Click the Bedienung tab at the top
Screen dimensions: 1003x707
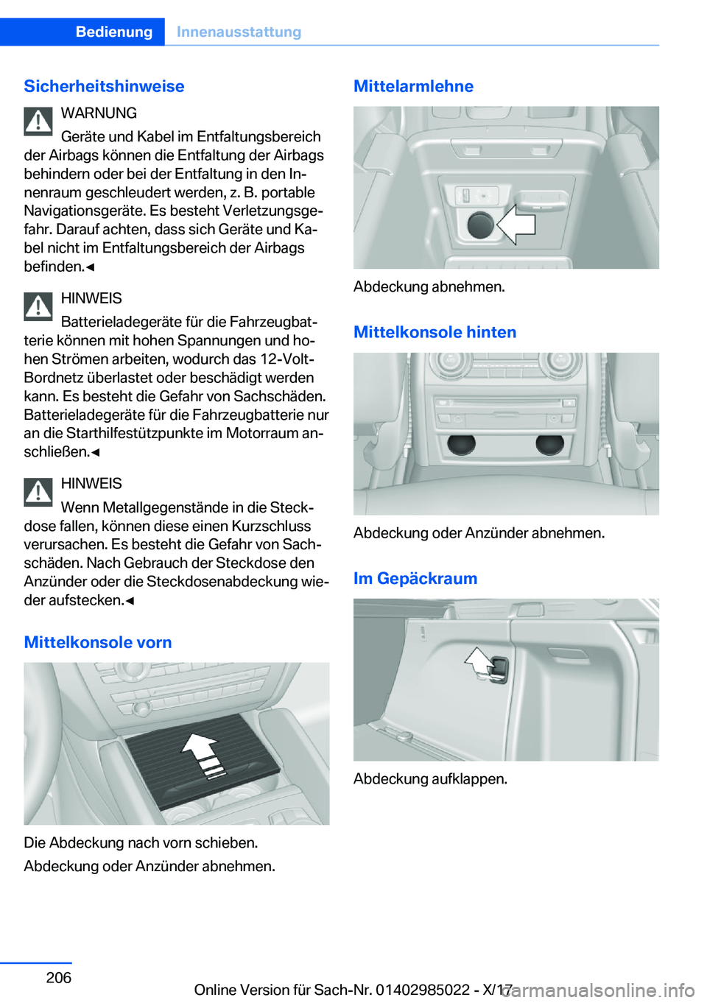point(114,32)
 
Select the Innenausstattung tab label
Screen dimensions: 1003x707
point(239,32)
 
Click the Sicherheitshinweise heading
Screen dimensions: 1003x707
point(104,86)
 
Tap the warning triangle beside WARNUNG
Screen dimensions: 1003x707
point(38,122)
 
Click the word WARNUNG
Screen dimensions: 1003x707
point(99,113)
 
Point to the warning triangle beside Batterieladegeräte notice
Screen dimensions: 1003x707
point(38,306)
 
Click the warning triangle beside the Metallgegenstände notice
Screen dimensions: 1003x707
point(38,492)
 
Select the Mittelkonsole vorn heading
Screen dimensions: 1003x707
point(98,642)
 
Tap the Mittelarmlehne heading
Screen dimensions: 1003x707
point(413,86)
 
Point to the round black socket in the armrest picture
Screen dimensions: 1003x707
point(480,225)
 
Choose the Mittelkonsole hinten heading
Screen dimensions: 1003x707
point(435,332)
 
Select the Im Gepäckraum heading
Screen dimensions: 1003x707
point(415,578)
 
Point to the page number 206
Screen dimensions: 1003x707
point(59,977)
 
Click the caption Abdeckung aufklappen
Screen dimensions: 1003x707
point(430,778)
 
